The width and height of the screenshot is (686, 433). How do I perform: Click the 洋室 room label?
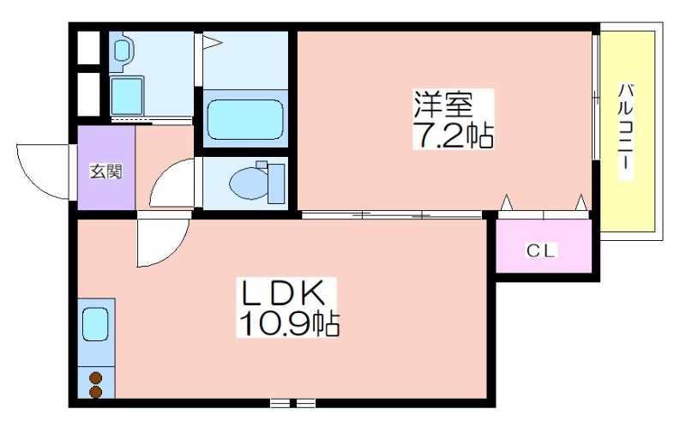(443, 104)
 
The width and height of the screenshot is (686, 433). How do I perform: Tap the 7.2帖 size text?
(454, 135)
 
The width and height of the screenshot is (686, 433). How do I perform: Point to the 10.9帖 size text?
(288, 323)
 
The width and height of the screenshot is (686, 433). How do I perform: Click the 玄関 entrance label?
(105, 171)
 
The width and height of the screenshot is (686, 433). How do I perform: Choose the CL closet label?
(540, 250)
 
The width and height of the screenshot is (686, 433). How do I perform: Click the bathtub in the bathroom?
(245, 119)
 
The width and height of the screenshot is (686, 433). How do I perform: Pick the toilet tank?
(275, 183)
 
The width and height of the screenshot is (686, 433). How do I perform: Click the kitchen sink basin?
(95, 324)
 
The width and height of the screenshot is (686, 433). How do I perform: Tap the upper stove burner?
(96, 378)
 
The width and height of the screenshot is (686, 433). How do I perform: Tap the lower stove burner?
(96, 392)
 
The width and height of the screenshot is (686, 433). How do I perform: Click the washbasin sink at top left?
(122, 50)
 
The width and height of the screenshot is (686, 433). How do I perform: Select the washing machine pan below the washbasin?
(127, 96)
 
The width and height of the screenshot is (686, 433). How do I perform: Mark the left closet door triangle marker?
(506, 202)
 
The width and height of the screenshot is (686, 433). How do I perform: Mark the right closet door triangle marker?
(581, 202)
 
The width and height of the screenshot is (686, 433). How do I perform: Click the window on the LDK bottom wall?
(292, 403)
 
